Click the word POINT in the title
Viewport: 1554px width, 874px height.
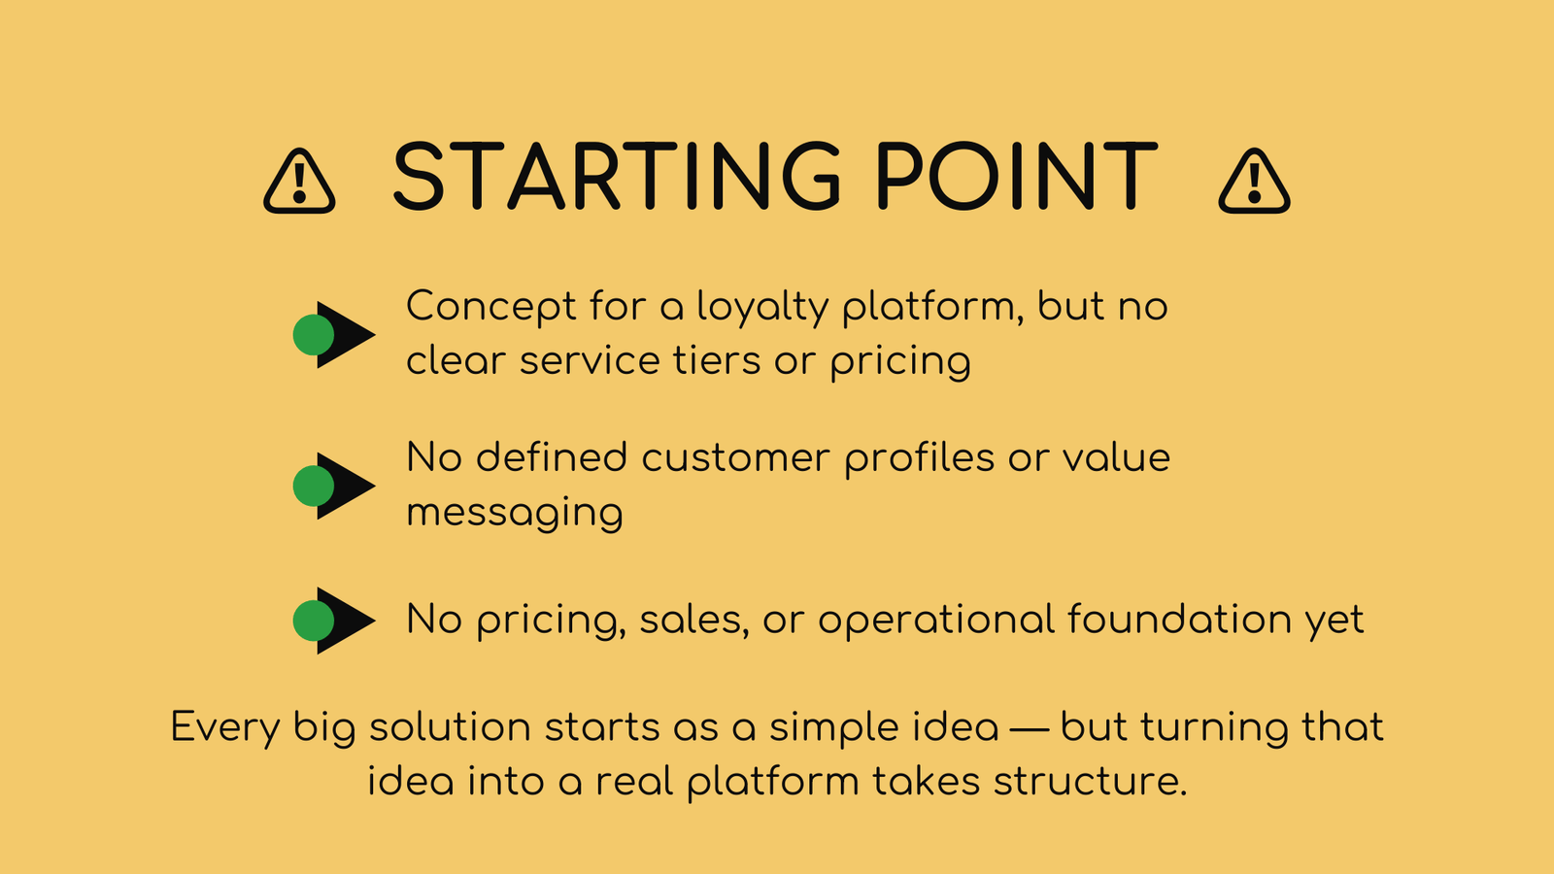[1016, 175]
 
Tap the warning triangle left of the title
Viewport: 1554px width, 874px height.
[299, 181]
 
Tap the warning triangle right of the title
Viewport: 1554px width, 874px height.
[1254, 181]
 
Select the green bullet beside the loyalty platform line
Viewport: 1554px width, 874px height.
[314, 335]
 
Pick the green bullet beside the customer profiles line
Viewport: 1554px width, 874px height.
[314, 487]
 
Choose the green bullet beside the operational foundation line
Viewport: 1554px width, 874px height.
[314, 621]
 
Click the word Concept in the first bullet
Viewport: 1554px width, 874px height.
[491, 307]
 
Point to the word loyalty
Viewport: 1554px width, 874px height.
[762, 307]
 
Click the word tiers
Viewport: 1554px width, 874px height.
[717, 360]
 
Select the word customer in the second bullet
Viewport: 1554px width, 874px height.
[735, 458]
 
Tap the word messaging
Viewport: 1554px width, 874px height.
[515, 514]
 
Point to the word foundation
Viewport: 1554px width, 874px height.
[1179, 619]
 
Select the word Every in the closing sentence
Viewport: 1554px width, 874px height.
[225, 728]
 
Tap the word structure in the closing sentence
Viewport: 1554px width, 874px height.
[1090, 782]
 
